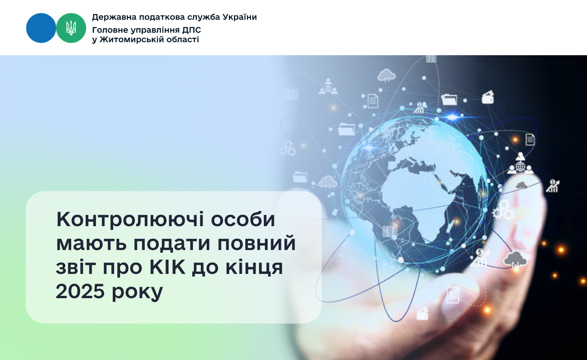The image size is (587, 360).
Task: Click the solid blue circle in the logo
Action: (x=41, y=28)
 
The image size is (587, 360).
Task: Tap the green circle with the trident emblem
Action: (x=71, y=28)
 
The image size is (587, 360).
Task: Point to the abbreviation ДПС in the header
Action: (x=191, y=30)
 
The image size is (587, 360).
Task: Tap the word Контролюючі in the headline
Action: (x=130, y=220)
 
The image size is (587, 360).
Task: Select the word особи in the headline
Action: (x=243, y=219)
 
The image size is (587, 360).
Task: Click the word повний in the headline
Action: (x=257, y=243)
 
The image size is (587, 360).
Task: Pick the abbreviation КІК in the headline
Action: (x=167, y=267)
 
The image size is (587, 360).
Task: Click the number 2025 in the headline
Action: (x=80, y=291)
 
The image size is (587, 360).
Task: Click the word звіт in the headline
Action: (x=76, y=267)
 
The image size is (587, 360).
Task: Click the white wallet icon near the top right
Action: (x=488, y=97)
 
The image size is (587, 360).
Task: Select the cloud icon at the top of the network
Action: (x=386, y=75)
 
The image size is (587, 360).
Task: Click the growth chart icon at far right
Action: (x=553, y=186)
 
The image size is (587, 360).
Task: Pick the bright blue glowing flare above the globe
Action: (x=452, y=117)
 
